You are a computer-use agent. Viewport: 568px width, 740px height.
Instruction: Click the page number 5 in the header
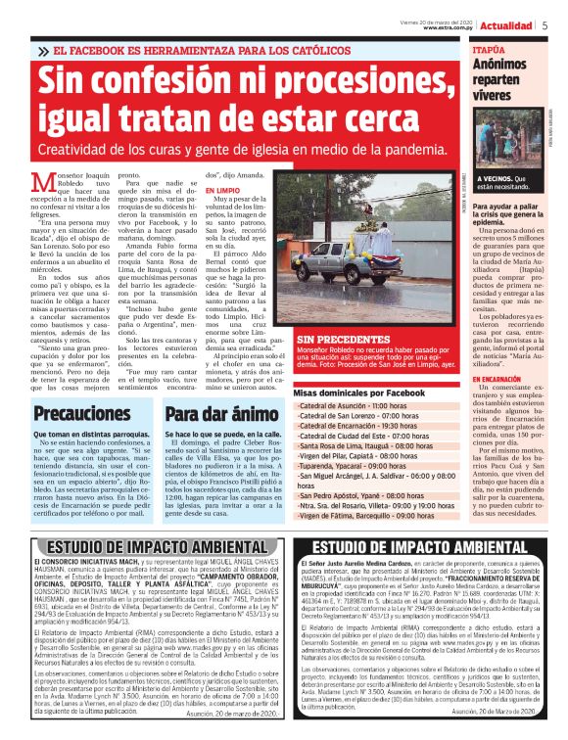click(x=544, y=25)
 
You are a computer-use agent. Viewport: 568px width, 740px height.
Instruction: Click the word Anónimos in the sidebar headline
click(x=497, y=65)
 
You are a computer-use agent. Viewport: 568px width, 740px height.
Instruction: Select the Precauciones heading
click(x=83, y=414)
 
